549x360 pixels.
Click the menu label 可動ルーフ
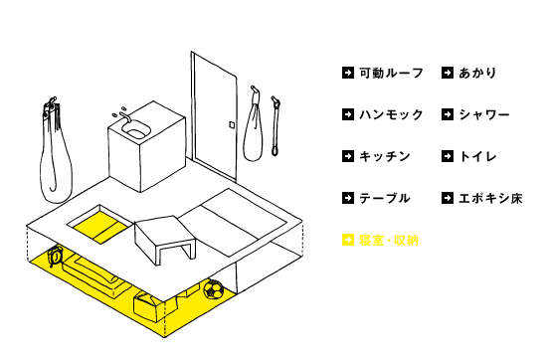(391, 73)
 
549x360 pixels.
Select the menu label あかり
(478, 73)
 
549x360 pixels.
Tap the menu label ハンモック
(391, 114)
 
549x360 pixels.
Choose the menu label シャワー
(484, 114)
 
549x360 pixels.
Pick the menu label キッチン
(385, 156)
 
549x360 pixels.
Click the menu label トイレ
(478, 156)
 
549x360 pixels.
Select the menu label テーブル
(385, 198)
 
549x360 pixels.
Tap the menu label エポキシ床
(490, 198)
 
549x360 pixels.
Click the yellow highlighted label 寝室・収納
(389, 241)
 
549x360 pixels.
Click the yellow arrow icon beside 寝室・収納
(348, 240)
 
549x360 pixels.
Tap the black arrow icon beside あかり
(448, 73)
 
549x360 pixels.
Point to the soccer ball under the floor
(214, 289)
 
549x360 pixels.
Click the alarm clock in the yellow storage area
(56, 256)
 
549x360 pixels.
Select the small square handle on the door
(232, 124)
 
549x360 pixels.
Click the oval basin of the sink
(136, 129)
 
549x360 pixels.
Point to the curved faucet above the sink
(125, 116)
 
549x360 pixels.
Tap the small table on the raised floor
(165, 238)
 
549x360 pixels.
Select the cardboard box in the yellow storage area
(149, 306)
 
